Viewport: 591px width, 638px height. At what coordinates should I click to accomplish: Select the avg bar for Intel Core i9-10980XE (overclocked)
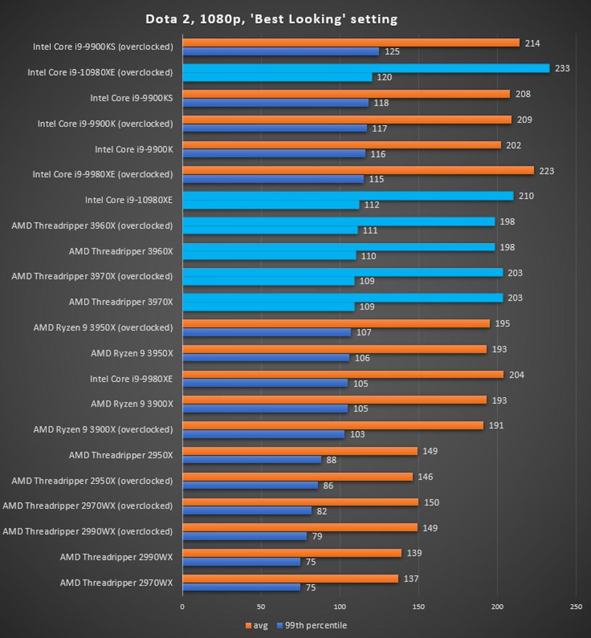click(x=365, y=68)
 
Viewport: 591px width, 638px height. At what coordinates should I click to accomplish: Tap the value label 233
click(x=562, y=68)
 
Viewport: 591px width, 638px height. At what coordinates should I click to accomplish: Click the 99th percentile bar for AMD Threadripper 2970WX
click(x=241, y=587)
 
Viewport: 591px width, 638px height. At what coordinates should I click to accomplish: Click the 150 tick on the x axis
click(x=418, y=607)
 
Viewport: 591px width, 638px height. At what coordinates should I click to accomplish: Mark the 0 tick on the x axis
click(x=182, y=607)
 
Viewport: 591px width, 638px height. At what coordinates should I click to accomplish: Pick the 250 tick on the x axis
click(x=576, y=607)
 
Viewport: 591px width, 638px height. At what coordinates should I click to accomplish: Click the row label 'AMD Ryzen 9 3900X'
click(x=132, y=404)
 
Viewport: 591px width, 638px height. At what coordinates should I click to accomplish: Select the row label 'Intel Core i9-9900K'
click(x=134, y=150)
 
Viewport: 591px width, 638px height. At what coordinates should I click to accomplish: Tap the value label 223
click(x=546, y=171)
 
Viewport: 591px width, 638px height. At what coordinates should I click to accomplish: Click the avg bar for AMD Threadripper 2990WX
click(x=291, y=553)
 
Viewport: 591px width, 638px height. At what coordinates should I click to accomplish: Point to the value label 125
click(x=392, y=52)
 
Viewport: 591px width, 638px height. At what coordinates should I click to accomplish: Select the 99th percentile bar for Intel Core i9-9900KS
click(x=275, y=103)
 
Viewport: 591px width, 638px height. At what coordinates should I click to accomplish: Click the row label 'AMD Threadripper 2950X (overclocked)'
click(x=92, y=480)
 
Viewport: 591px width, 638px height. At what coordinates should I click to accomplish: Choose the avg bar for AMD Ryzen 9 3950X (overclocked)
click(x=336, y=323)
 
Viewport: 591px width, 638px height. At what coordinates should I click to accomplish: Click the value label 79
click(x=317, y=536)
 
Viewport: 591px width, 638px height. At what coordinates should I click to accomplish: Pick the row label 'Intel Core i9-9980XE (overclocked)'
click(x=102, y=175)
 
